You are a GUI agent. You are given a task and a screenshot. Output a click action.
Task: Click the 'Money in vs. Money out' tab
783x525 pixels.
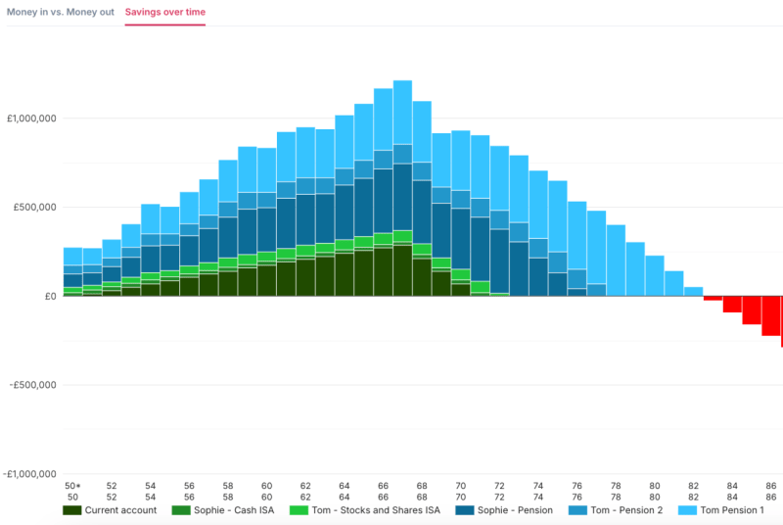click(x=61, y=12)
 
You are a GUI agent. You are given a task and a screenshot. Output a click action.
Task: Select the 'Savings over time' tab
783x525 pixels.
click(x=165, y=12)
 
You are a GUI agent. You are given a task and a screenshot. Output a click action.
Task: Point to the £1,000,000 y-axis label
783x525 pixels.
click(x=32, y=119)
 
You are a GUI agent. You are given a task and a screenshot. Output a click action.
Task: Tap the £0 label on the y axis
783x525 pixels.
click(x=47, y=296)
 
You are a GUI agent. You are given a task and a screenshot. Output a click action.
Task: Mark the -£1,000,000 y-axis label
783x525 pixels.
click(x=30, y=474)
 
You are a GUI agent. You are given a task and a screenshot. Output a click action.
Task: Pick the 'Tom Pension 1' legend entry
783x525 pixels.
click(x=721, y=510)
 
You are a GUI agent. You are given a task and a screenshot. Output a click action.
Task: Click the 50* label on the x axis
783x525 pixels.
click(x=72, y=486)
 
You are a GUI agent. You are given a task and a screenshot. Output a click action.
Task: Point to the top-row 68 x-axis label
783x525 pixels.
click(x=422, y=486)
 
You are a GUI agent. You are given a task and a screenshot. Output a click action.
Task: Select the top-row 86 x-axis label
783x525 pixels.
click(x=771, y=486)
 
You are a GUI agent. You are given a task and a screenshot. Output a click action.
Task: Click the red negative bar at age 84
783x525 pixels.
click(x=732, y=304)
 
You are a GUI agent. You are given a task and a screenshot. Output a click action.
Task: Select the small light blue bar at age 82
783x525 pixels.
click(x=694, y=291)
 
